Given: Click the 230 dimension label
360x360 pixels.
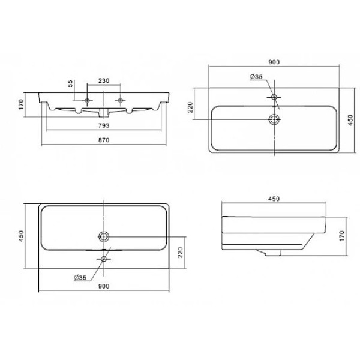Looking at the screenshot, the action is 104,81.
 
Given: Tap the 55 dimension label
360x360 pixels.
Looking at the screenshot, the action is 70,83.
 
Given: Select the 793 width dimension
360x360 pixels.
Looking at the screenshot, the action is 104,125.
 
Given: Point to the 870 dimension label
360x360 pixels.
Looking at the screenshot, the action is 104,140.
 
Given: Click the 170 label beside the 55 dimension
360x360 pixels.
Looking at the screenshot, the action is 21,104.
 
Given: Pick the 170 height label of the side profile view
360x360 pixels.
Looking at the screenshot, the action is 341,236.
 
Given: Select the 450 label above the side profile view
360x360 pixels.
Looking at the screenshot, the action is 274,199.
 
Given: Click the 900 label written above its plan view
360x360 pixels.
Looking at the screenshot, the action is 274,62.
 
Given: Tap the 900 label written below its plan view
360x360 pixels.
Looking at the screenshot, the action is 104,286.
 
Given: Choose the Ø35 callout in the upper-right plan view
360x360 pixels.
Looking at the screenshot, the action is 256,77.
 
